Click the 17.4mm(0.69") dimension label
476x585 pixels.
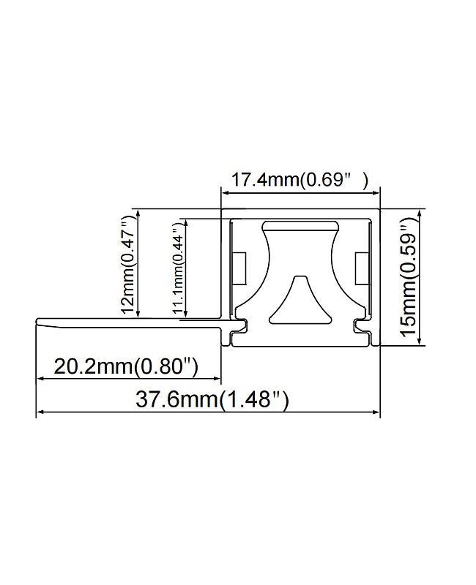coord(300,179)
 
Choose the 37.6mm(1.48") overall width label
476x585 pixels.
coord(212,399)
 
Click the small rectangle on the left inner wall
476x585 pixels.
coord(239,268)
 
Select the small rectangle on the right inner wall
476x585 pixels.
coord(361,269)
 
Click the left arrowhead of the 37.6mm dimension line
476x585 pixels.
coord(39,412)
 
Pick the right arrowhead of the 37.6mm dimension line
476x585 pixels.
coord(378,412)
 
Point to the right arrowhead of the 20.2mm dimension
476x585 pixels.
coord(217,378)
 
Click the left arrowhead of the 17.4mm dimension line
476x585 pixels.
coord(225,194)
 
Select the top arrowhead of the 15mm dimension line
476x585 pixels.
coord(418,211)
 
